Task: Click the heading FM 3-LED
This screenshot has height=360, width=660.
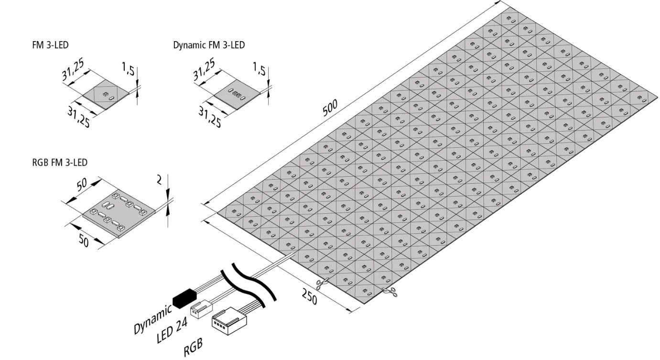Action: point(49,46)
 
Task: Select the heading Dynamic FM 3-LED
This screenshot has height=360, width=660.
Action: point(209,46)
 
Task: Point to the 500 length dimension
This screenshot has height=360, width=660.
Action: point(330,108)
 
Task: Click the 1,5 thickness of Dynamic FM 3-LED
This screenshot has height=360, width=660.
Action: point(259,70)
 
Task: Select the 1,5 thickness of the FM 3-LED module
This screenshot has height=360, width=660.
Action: point(128,70)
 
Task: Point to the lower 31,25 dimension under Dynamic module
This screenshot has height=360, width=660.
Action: point(209,116)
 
